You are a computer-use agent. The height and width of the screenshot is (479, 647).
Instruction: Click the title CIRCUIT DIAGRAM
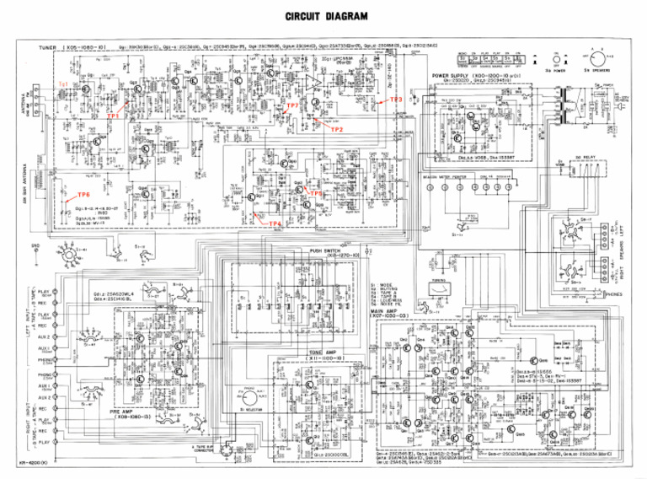pos(325,16)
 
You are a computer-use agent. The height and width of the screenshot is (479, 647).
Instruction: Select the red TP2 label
pos(336,129)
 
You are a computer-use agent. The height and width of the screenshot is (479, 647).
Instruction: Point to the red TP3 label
pos(397,100)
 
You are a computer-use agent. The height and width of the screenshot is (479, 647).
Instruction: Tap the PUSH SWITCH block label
pos(327,251)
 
